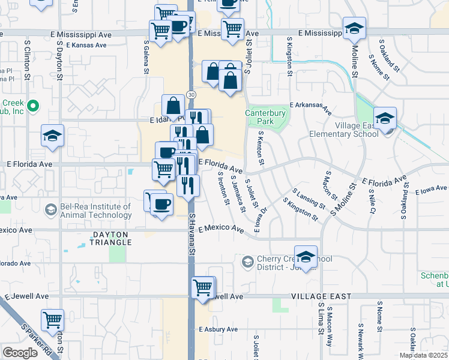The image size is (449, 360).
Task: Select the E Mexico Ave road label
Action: (221, 229)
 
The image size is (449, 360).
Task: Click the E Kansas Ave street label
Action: (86, 45)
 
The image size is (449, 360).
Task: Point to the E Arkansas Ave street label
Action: (310, 107)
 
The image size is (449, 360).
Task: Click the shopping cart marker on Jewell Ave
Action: (203, 288)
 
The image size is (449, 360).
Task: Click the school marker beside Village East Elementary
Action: (384, 118)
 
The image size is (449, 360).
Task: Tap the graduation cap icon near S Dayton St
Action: (52, 136)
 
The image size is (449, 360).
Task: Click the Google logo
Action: (20, 353)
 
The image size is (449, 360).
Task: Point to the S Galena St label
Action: (146, 58)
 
